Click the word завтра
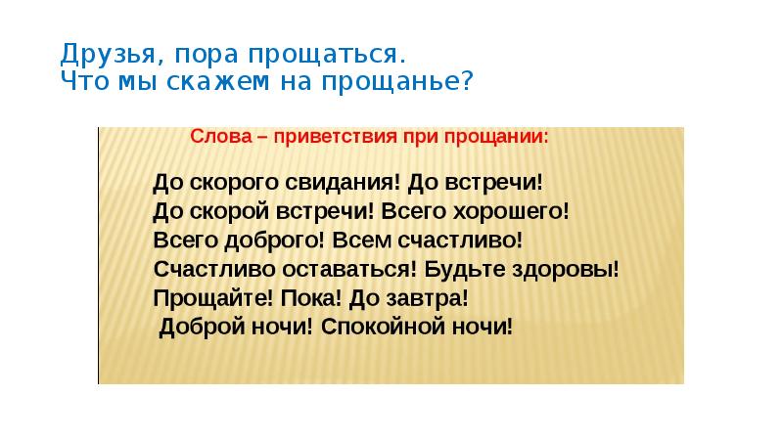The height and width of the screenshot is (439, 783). [427, 296]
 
